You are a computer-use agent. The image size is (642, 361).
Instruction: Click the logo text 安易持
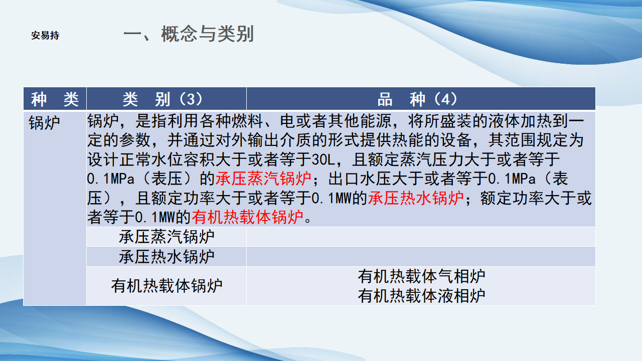pos(45,36)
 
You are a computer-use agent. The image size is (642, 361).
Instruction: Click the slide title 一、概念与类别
pos(188,34)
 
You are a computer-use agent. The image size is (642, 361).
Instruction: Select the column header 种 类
pos(55,99)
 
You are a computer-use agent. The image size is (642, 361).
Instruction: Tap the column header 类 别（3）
pos(163,99)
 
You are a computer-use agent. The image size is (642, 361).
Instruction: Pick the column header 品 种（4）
pos(417,99)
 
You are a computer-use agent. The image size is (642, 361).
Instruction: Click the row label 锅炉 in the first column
pos(44,123)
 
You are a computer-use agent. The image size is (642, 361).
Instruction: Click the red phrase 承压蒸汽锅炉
pos(263,178)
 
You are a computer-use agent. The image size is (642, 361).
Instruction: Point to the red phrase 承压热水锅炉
pos(416,198)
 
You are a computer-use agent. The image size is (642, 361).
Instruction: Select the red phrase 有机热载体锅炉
pos(248,217)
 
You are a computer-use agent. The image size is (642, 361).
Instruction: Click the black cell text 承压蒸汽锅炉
pos(167,237)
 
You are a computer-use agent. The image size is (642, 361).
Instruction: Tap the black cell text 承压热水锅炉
pos(167,256)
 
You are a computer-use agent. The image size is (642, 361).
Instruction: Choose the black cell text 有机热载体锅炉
pos(167,286)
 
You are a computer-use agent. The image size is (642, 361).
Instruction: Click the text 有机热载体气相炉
pos(421,276)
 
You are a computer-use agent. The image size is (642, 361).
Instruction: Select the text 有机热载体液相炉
pos(421,296)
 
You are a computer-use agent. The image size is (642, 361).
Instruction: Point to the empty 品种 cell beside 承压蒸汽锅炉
pos(421,237)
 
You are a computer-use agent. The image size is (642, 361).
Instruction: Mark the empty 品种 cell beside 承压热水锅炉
pos(421,256)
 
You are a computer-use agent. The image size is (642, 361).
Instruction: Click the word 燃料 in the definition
pos(247,121)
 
